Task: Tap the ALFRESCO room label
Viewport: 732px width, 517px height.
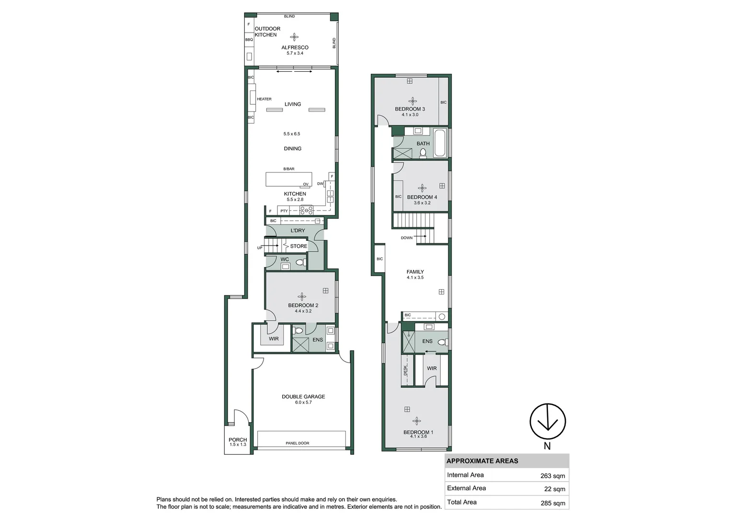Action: click(x=295, y=47)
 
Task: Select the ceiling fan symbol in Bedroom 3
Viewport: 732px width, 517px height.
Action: click(x=412, y=101)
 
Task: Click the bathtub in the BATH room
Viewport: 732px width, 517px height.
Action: click(x=440, y=143)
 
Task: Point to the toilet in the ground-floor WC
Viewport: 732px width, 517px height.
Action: click(x=301, y=262)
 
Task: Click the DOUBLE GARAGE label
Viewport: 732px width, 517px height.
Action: click(x=303, y=396)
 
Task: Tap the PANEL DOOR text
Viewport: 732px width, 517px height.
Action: click(x=297, y=443)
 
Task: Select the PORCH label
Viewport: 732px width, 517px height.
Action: click(x=238, y=439)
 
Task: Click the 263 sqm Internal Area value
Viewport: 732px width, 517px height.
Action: click(x=553, y=476)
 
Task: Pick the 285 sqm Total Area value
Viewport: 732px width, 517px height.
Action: click(x=553, y=503)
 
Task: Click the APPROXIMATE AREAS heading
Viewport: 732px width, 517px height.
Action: click(x=482, y=461)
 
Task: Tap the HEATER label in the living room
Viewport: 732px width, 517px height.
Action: click(x=264, y=99)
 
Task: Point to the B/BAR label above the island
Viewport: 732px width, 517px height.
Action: click(x=289, y=169)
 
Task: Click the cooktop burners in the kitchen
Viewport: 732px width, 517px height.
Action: click(x=307, y=210)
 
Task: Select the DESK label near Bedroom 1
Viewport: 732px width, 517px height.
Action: click(x=406, y=370)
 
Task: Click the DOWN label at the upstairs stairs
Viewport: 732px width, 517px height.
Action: click(x=407, y=238)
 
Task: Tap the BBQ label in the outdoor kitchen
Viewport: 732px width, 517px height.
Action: click(x=249, y=40)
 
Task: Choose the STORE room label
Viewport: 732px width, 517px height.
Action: click(x=298, y=246)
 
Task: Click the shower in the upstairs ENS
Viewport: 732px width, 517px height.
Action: click(x=409, y=342)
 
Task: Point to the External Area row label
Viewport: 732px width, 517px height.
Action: click(x=466, y=488)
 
